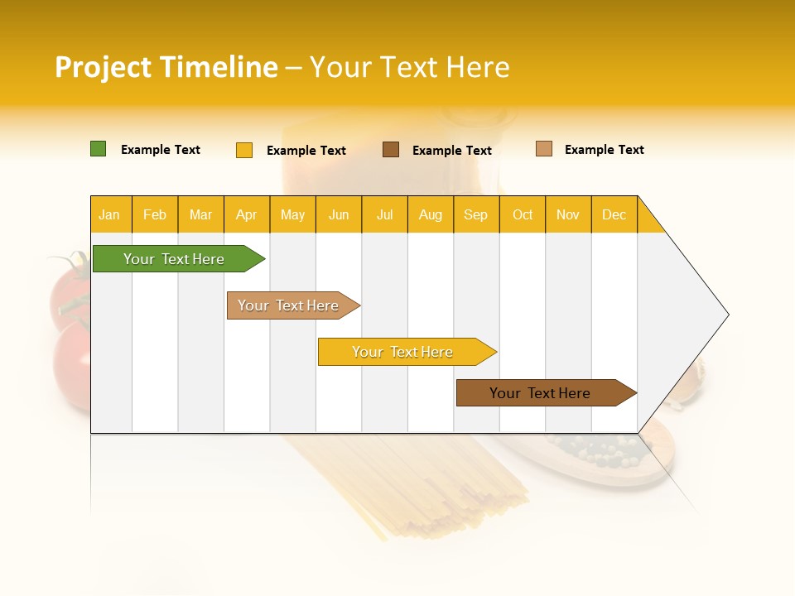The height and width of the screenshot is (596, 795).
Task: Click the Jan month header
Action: pos(110,214)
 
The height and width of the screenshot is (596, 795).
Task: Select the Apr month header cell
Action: pos(247,214)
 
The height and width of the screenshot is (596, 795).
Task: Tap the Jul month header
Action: pos(384,214)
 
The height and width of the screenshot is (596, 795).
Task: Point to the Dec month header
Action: pos(614,214)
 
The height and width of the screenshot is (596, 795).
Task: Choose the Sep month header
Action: pos(475,214)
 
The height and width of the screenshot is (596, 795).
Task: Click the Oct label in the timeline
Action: pos(523,214)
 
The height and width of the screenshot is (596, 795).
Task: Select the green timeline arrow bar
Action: pos(175,259)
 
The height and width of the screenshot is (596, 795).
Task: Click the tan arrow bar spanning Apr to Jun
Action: pos(290,305)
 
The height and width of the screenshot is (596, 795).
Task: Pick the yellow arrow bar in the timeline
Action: pos(403,352)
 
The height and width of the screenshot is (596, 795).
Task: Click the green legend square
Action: pos(98,149)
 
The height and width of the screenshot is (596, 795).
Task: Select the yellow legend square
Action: pos(243,150)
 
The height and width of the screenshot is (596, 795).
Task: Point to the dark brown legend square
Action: pos(391,149)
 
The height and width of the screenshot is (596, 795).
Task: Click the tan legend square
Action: pos(543,149)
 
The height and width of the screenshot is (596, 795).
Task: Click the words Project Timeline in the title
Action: pos(166,67)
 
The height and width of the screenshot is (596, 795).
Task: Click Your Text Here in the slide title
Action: pos(409,67)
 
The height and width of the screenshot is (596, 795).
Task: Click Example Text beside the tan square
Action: pos(604,150)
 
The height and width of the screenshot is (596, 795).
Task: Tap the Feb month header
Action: pos(155,214)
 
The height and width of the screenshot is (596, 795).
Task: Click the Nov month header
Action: pos(568,214)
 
